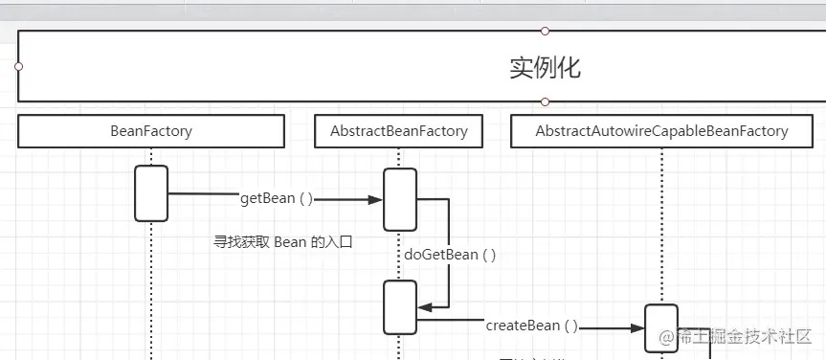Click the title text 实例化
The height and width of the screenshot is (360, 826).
545,68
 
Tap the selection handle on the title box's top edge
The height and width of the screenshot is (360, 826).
545,31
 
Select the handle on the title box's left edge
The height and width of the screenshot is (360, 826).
18,67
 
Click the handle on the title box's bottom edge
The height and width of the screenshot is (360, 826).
545,101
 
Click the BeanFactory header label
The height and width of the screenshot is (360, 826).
151,131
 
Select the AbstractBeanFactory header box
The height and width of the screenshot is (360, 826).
399,131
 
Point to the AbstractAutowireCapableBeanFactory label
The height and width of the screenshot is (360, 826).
661,131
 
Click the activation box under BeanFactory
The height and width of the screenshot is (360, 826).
151,192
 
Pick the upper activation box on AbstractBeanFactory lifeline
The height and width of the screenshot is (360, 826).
399,199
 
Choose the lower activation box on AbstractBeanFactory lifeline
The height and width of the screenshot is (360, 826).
399,307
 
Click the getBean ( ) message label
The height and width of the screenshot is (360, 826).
276,199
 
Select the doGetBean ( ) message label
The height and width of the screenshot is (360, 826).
450,255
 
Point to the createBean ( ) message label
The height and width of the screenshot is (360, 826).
531,326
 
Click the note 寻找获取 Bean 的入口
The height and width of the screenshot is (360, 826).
282,242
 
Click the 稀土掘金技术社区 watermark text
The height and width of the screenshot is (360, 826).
732,336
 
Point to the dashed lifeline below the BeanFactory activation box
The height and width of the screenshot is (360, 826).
151,287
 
